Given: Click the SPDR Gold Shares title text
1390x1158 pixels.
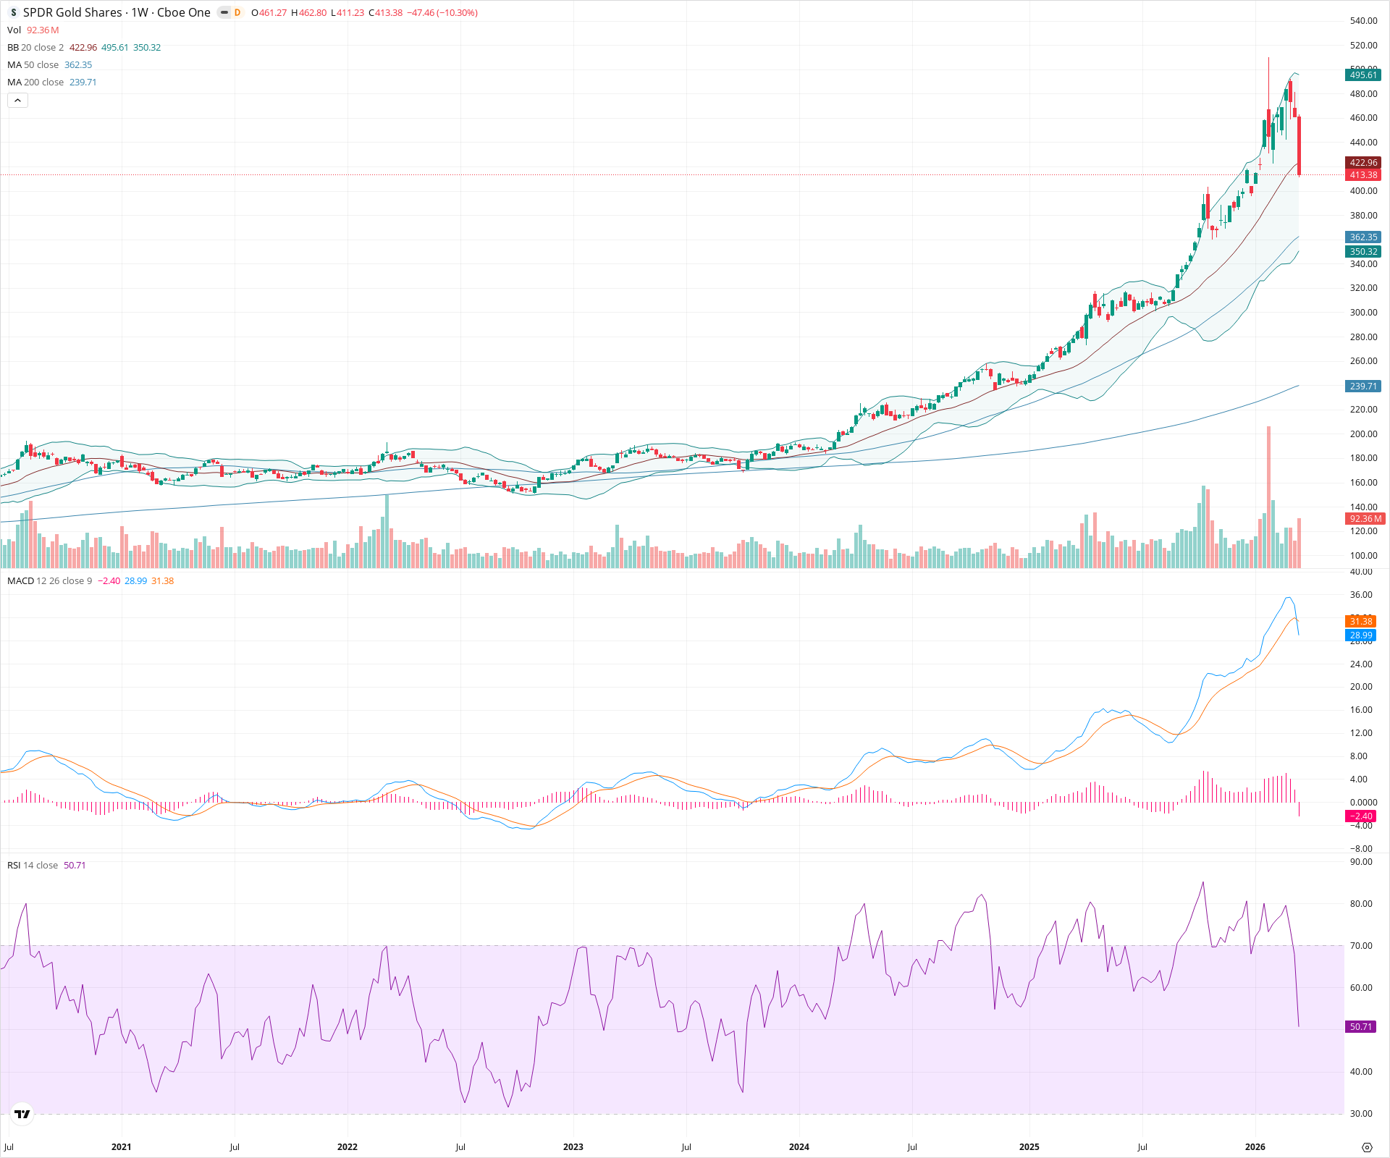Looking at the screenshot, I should (72, 12).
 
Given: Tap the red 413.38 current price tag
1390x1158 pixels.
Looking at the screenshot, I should (1363, 175).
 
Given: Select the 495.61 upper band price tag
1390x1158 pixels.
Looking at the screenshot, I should (1363, 75).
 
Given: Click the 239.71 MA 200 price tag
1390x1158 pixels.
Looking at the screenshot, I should (1363, 386).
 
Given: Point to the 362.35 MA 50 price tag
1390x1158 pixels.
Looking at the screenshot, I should (1363, 237).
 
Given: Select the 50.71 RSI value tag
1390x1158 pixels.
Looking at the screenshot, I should (1361, 1027).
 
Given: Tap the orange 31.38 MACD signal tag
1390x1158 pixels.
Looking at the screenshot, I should (1361, 622).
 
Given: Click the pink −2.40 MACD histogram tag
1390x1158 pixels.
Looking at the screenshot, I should (1361, 816).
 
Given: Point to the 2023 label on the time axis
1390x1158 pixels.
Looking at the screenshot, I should (573, 1147).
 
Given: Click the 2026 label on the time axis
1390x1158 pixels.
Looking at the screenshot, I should (1255, 1147).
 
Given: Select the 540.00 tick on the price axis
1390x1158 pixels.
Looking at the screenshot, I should (1363, 21).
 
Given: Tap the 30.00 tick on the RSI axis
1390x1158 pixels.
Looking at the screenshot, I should (1361, 1114).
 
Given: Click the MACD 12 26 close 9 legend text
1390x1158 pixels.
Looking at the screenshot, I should (50, 581).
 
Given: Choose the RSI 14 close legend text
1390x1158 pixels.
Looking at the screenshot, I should (33, 866).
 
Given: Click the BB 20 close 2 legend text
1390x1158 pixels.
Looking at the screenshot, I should (35, 48).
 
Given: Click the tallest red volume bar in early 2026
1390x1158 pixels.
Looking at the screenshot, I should (1268, 499).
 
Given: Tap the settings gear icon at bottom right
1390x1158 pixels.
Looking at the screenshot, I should (1367, 1148).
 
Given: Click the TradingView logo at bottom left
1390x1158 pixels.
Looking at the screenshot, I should (22, 1114).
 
